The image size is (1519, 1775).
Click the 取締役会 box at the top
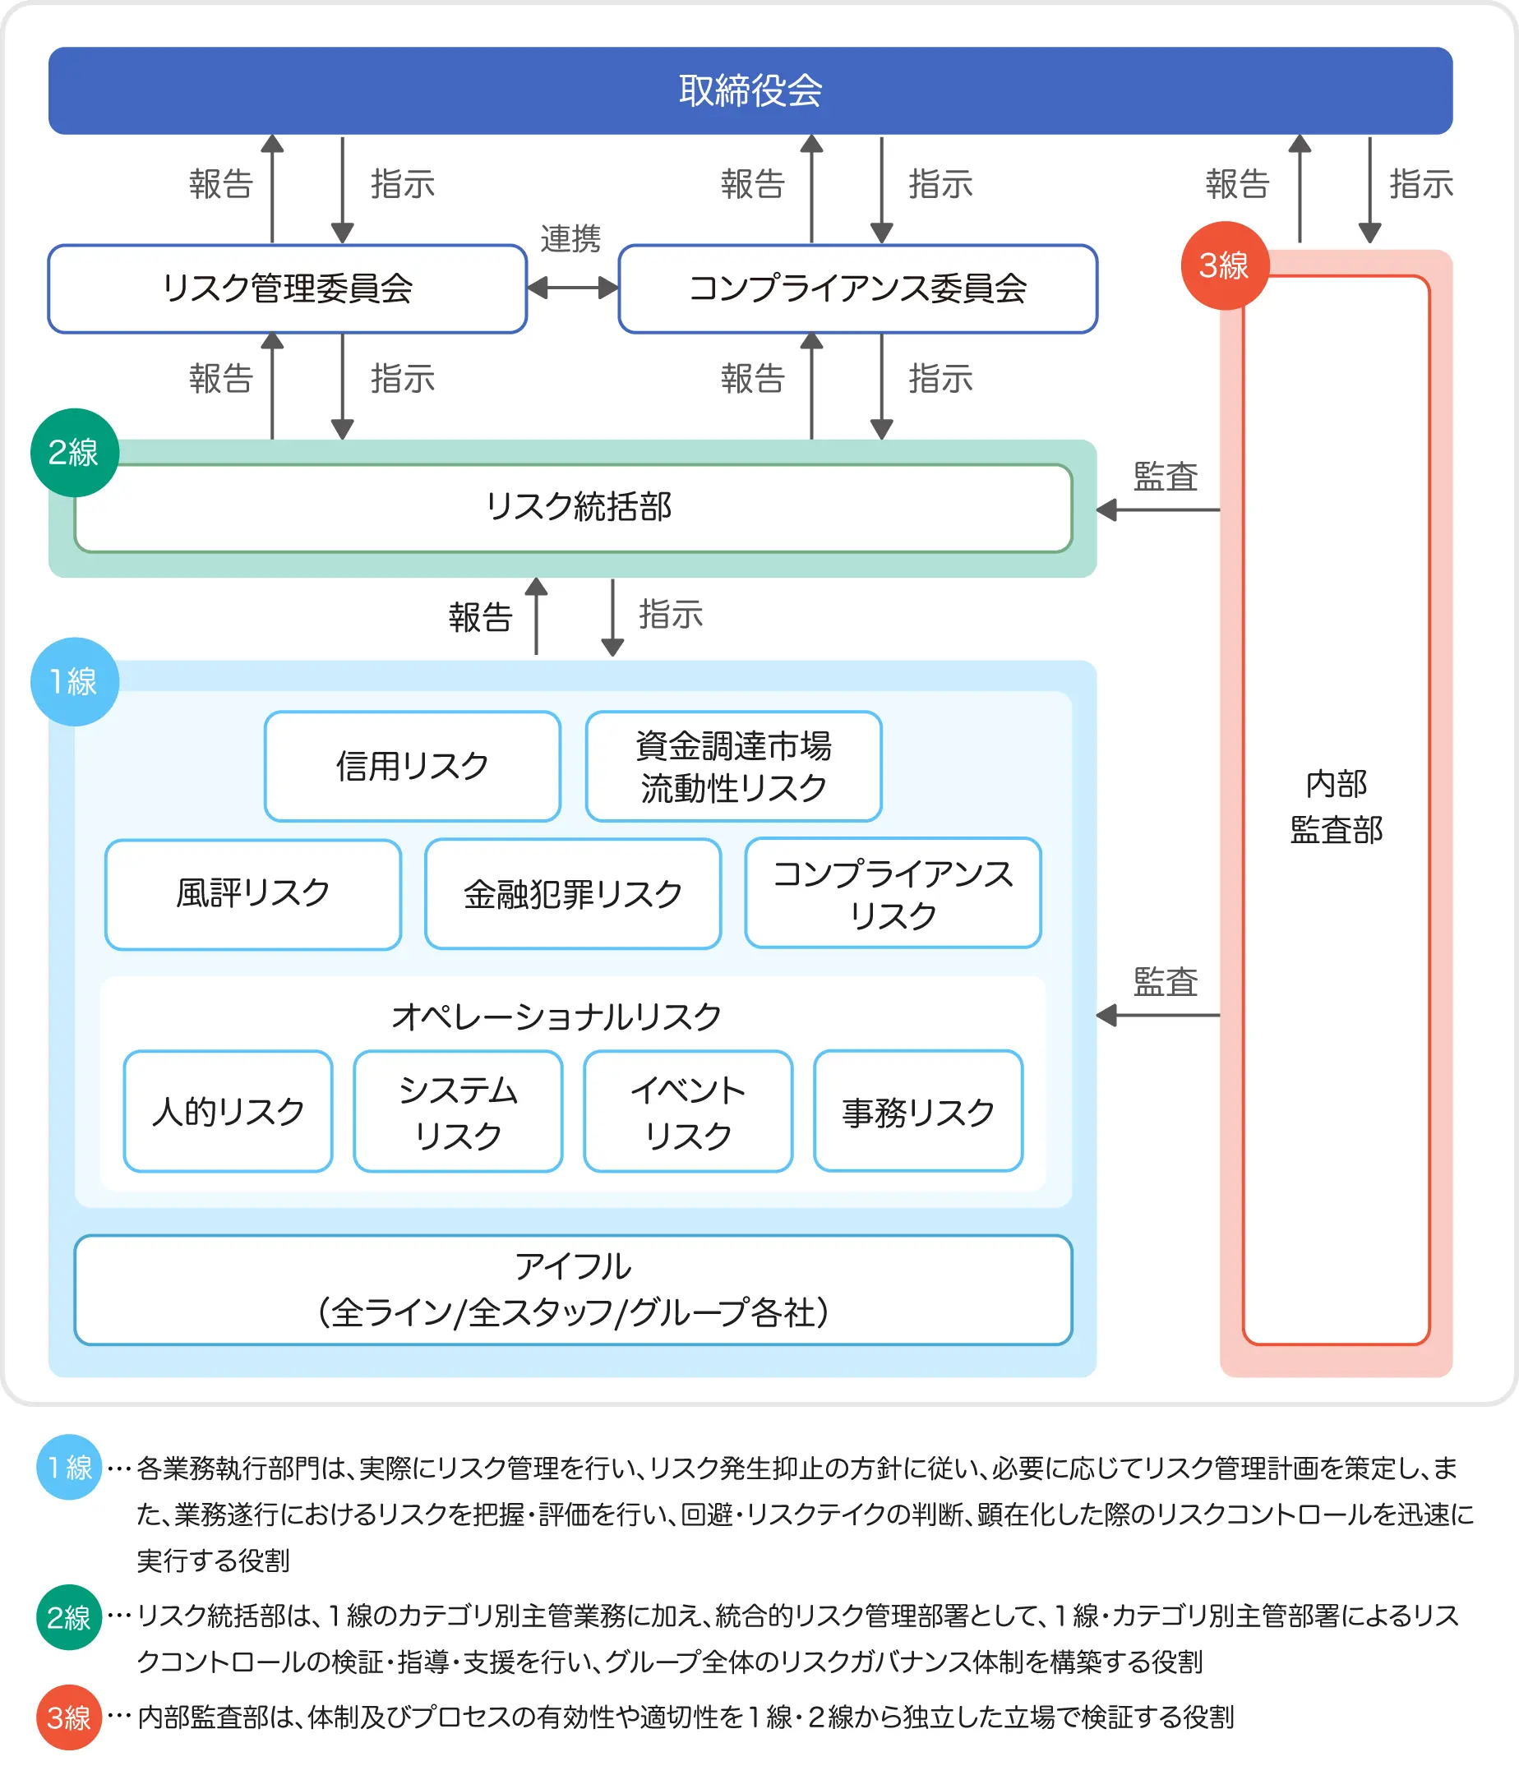750,90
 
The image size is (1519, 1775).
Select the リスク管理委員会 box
287,288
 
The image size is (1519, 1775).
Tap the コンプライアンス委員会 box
857,288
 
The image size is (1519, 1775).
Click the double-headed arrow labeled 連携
572,288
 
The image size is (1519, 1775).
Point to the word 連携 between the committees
570,239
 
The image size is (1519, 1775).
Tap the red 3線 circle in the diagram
1223,265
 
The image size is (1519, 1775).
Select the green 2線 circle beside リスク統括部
74,452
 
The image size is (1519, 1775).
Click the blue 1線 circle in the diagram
74,682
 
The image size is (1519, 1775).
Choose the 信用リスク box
412,766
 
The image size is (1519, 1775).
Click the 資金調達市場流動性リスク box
733,766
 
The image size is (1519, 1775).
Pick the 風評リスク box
252,894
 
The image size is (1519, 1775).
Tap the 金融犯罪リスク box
572,894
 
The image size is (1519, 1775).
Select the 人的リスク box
228,1111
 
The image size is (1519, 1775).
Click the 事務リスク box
917,1111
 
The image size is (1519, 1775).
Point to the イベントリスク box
688,1111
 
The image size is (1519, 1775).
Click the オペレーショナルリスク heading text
556,1017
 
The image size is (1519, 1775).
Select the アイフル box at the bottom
572,1289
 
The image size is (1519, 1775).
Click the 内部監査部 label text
1336,807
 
